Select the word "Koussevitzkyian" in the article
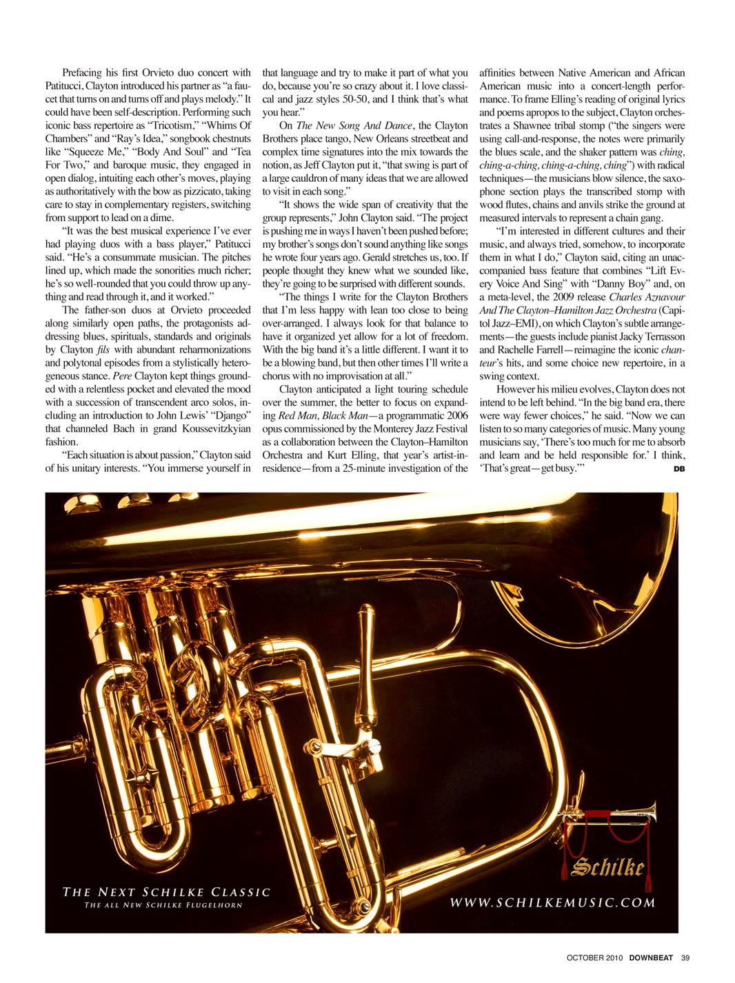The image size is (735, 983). pyautogui.click(x=213, y=428)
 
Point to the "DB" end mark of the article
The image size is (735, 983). pyautogui.click(x=678, y=469)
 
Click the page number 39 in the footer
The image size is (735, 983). pyautogui.click(x=685, y=958)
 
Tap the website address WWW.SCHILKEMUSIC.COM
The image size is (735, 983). pyautogui.click(x=552, y=902)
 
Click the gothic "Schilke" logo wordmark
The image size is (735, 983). pyautogui.click(x=607, y=867)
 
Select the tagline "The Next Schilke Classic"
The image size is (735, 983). pyautogui.click(x=166, y=892)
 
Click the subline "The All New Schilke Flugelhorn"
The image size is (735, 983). pyautogui.click(x=163, y=905)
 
